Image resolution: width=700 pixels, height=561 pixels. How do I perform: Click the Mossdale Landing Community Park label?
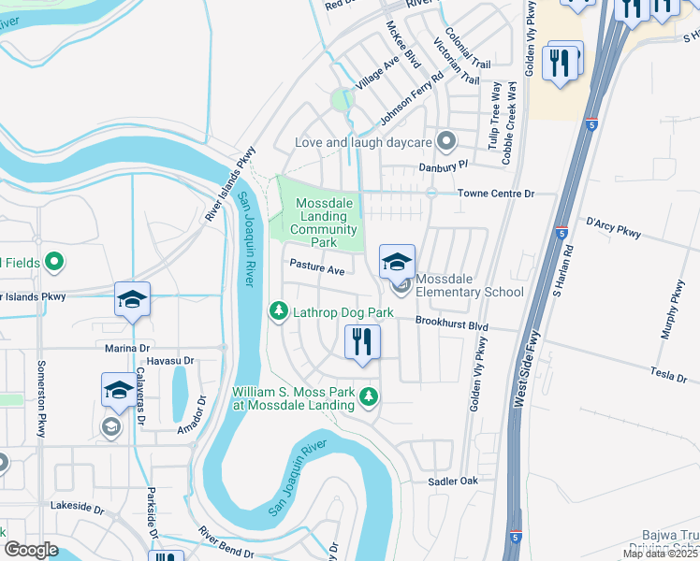(x=326, y=223)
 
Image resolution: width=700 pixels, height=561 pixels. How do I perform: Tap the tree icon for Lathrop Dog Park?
(x=278, y=310)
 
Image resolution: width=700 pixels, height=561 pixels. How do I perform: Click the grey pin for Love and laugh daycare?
(x=446, y=143)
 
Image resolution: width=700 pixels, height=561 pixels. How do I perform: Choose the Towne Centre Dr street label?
(x=495, y=194)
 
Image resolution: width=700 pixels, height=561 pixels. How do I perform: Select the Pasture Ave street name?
(x=316, y=269)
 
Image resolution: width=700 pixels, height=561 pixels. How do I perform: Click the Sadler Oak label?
(x=453, y=481)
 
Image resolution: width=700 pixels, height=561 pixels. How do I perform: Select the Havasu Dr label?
(x=170, y=360)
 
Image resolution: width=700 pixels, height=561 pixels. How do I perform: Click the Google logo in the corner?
(x=31, y=550)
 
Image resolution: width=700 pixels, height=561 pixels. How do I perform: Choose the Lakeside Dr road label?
(x=78, y=507)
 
